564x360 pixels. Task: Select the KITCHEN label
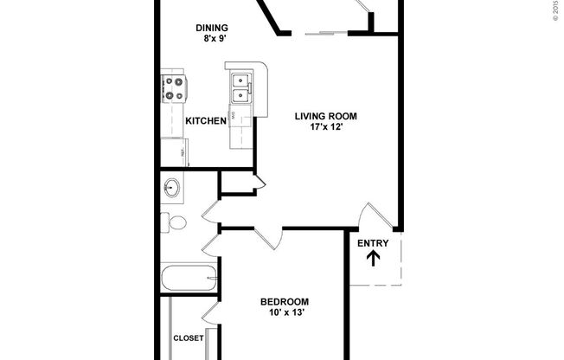pos(206,121)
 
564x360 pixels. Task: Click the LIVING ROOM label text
pos(325,116)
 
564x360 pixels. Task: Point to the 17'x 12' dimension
pos(325,128)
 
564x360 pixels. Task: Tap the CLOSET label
pos(188,338)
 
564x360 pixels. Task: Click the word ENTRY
pos(373,243)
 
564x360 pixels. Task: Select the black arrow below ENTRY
pos(373,259)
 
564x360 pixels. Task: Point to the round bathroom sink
pos(171,186)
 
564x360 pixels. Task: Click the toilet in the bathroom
pos(176,222)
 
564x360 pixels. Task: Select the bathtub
pos(189,280)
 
